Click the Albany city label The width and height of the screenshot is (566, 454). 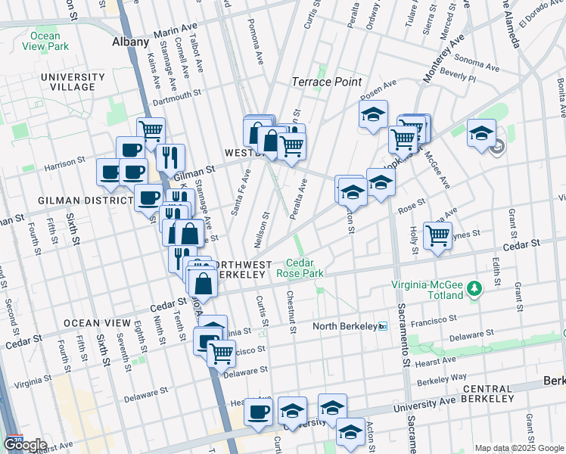(130, 42)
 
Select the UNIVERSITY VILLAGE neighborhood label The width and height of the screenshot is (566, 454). (73, 82)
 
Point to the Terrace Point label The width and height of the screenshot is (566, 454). (327, 82)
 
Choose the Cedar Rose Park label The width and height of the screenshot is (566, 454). (300, 267)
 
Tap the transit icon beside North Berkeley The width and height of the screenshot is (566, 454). (383, 327)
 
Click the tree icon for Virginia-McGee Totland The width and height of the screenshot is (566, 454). (474, 288)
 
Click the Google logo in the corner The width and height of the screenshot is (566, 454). (25, 445)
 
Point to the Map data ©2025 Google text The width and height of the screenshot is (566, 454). (519, 448)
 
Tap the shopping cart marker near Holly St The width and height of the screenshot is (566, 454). (437, 235)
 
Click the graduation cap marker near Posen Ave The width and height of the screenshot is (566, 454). (372, 114)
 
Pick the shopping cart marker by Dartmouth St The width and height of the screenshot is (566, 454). (151, 131)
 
